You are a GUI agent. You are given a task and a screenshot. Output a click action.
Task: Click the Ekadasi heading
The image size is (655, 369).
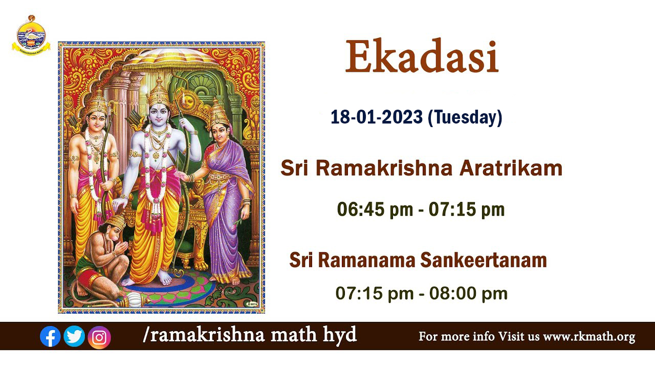(x=422, y=56)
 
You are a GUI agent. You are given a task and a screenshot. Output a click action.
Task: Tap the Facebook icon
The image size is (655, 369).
(x=50, y=336)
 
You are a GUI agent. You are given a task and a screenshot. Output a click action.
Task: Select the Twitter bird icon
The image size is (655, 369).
(x=74, y=336)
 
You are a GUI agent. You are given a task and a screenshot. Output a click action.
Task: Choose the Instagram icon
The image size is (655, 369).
(x=99, y=337)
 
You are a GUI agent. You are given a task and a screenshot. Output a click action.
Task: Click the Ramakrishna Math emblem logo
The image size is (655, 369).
(x=31, y=36)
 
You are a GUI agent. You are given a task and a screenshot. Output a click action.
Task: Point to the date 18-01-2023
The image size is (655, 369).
(x=377, y=117)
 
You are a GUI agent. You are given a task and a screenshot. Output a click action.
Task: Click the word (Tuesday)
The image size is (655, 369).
(x=465, y=117)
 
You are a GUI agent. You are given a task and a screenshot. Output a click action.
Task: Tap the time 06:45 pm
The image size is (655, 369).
(x=375, y=210)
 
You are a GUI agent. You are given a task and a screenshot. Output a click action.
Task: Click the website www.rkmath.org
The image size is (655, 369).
(x=589, y=337)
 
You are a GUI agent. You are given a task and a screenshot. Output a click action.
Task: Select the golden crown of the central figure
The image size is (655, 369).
(x=159, y=91)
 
